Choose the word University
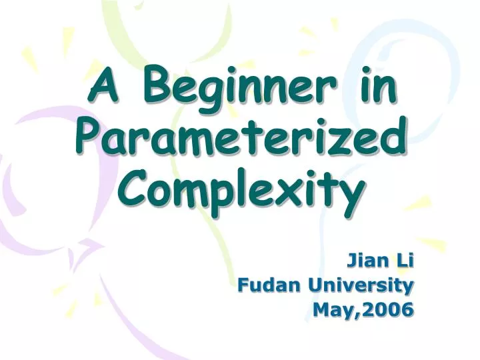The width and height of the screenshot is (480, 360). click(x=361, y=285)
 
